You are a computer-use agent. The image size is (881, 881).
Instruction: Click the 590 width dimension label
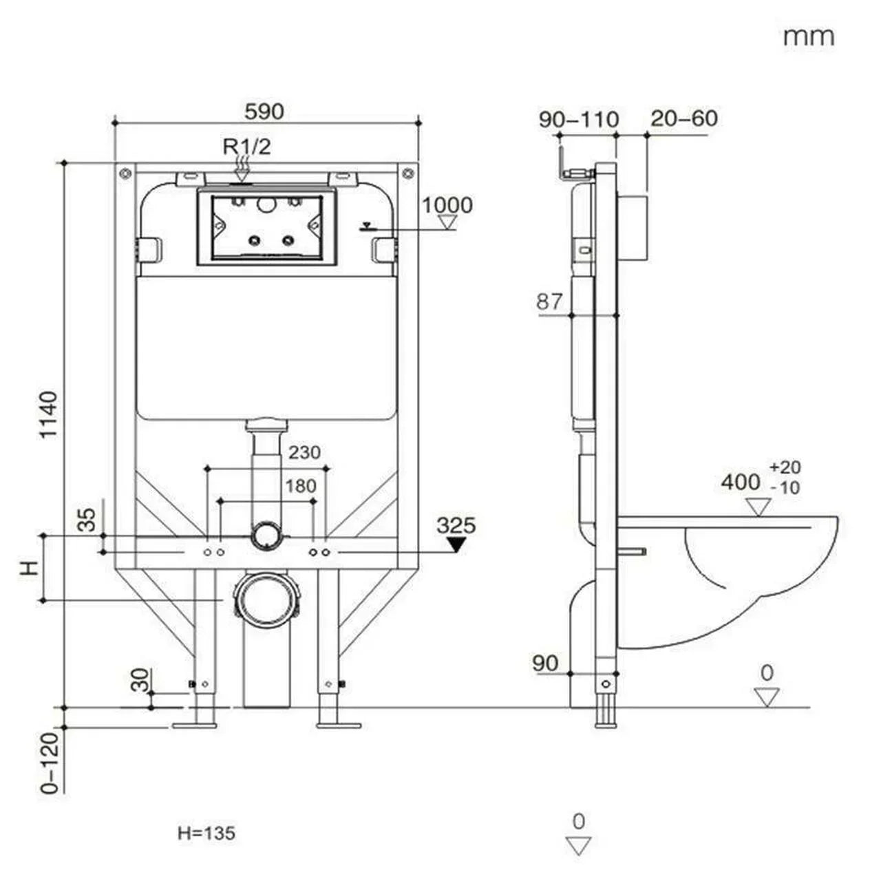click(264, 111)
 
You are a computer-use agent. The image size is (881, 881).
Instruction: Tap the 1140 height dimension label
click(48, 414)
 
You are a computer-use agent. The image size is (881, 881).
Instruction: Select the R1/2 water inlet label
click(246, 146)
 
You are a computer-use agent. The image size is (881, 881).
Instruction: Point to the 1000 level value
click(447, 205)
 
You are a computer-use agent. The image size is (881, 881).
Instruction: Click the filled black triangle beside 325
click(455, 545)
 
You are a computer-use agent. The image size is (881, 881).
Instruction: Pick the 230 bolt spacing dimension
click(304, 452)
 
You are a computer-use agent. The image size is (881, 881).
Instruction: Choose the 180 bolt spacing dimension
click(301, 486)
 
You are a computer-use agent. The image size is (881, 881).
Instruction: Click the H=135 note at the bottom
click(206, 833)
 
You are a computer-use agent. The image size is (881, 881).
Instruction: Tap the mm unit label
click(808, 36)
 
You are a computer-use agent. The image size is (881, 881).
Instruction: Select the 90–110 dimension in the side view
click(579, 119)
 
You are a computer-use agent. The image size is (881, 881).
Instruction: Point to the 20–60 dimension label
click(683, 118)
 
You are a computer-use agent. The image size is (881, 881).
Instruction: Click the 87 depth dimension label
click(549, 301)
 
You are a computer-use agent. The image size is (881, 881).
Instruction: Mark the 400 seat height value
click(741, 482)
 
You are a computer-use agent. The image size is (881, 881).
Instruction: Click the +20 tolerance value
click(785, 467)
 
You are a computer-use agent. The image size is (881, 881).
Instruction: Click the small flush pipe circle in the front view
click(266, 535)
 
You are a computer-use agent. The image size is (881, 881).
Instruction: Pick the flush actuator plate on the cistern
click(266, 227)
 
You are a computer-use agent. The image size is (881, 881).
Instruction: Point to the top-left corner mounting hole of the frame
click(125, 172)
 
